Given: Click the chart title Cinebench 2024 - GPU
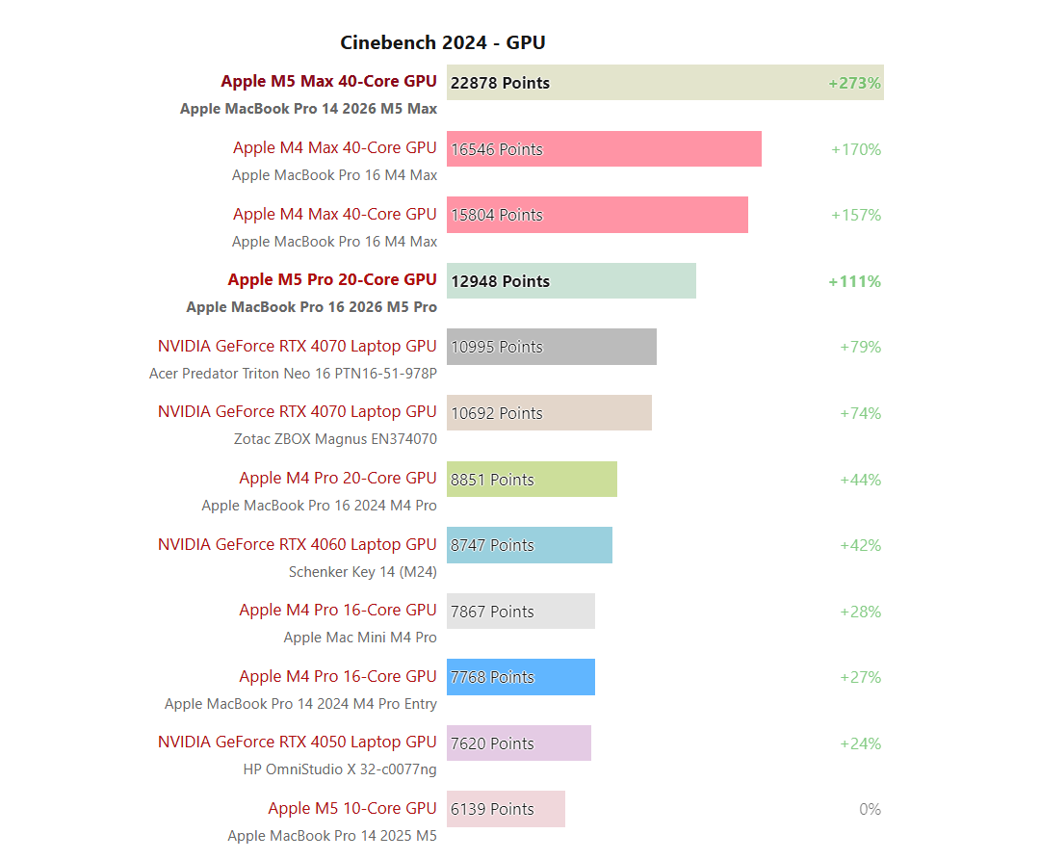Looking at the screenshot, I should [443, 42].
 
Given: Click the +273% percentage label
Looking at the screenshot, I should [854, 83].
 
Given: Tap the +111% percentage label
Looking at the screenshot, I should [854, 281].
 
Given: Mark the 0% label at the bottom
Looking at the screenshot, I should [870, 809].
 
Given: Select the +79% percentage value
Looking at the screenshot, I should [860, 347].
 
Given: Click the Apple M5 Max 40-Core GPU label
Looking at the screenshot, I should [328, 81].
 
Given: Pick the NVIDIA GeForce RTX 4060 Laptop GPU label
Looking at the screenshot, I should [297, 544].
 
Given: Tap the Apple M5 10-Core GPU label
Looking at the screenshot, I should [351, 808].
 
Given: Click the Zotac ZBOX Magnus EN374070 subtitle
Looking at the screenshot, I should [335, 439].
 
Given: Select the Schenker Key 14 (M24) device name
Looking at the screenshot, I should [362, 572].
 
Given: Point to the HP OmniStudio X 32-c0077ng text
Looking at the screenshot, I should [339, 769].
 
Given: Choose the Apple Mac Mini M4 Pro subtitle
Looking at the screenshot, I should [359, 638].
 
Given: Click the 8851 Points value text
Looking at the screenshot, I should [492, 480].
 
